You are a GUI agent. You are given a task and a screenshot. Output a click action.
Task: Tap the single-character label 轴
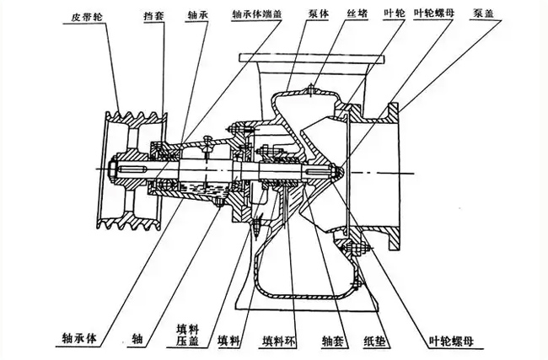[x=137, y=340]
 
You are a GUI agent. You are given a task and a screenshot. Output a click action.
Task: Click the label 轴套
[x=331, y=341]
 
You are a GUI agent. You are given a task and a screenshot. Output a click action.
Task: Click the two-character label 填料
[x=228, y=341]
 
